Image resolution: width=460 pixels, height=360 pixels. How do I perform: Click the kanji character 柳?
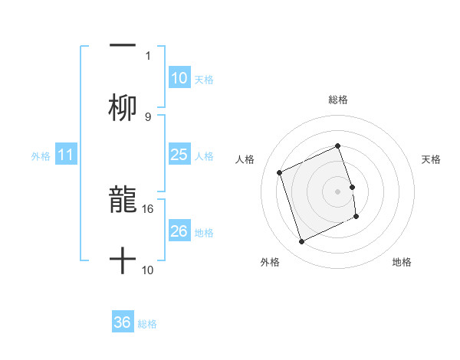coord(123,109)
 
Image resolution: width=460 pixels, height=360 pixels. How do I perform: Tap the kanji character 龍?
coord(123,199)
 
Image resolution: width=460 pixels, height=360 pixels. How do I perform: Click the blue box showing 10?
coord(179,78)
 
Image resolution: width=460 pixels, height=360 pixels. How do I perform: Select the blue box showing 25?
coord(179,155)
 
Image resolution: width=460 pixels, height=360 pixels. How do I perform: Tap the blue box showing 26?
coord(179,231)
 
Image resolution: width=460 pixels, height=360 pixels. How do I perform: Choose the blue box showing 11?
coord(65,155)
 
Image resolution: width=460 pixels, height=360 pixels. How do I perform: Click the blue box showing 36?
coord(122,322)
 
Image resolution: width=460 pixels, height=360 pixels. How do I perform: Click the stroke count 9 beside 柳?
coord(148,116)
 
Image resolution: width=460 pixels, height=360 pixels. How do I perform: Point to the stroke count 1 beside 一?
coord(148,55)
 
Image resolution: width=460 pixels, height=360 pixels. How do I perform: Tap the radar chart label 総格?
coord(338,100)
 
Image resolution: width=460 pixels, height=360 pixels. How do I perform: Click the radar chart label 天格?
coord(431,159)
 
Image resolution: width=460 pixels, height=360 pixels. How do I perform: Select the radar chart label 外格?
coord(270,262)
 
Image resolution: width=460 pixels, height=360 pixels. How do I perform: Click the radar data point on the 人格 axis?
coord(280,172)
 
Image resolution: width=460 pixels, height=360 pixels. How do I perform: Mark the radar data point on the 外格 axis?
coord(301,242)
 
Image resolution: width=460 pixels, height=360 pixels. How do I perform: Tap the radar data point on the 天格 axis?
coord(352,187)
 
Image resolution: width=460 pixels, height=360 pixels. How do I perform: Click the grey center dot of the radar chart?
coord(338,191)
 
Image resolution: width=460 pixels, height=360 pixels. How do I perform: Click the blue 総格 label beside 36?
coord(147,324)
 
